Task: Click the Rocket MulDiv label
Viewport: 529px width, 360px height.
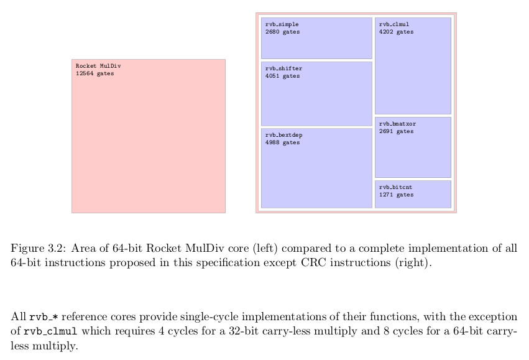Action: (93, 66)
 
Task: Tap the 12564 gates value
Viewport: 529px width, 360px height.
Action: (94, 73)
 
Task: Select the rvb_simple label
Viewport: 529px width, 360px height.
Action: (282, 24)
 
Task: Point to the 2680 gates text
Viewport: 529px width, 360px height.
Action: (282, 32)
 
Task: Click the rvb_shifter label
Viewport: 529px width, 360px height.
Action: (283, 68)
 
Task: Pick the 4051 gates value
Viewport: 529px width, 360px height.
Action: (282, 76)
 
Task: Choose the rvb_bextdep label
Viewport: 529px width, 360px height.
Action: (283, 135)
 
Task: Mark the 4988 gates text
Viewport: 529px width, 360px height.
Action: (282, 142)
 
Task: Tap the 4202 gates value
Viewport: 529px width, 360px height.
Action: (396, 32)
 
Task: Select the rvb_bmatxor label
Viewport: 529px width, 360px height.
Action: (397, 124)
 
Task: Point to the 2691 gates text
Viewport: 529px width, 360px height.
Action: (396, 131)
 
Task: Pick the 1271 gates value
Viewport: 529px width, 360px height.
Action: (396, 195)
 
